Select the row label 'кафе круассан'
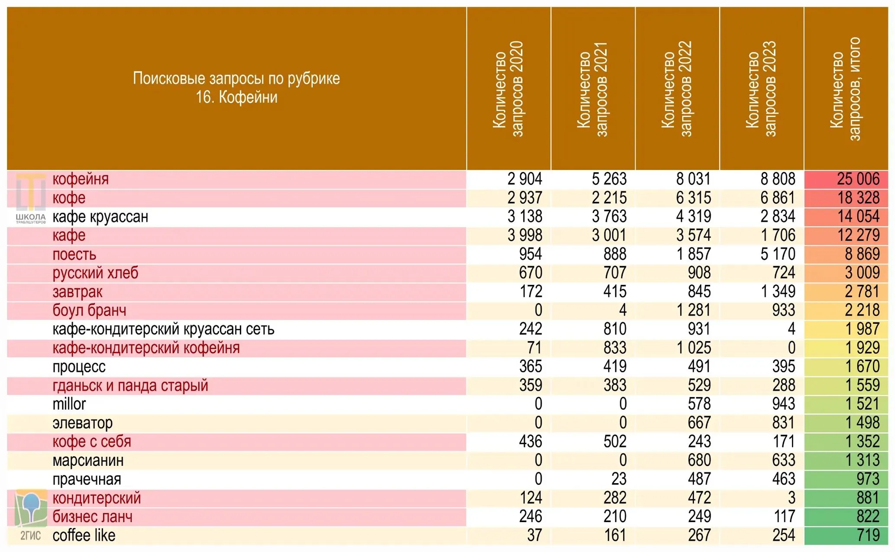click(100, 216)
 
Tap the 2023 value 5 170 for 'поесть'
click(778, 254)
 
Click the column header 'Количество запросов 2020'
click(508, 89)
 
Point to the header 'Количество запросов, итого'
click(845, 89)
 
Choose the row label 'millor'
click(69, 404)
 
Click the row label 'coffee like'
click(84, 536)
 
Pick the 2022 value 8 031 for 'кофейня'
click(693, 179)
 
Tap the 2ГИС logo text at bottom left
click(30, 536)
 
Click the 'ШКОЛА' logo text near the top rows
click(30, 216)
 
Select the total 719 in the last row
click(868, 536)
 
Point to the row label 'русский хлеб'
click(95, 273)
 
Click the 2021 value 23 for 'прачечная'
click(619, 479)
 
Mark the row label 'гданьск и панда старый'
click(130, 385)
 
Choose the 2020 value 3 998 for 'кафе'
click(525, 236)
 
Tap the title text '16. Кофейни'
click(236, 97)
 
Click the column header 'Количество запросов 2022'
click(677, 89)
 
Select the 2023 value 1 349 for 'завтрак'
click(778, 292)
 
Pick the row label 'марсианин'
click(88, 460)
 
